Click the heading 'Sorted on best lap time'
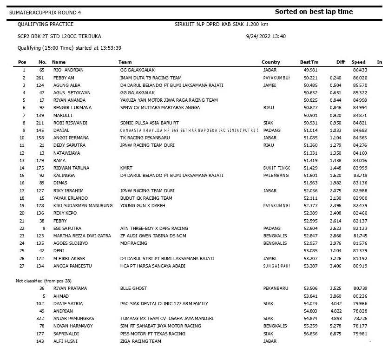pyautogui.click(x=314, y=12)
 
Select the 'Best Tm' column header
pyautogui.click(x=309, y=62)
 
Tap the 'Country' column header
pyautogui.click(x=271, y=62)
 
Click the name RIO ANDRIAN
pyautogui.click(x=68, y=70)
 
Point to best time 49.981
pyautogui.click(x=310, y=70)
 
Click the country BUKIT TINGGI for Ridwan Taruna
pyautogui.click(x=277, y=168)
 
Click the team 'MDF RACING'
pyautogui.click(x=133, y=243)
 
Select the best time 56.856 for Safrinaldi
pyautogui.click(x=310, y=334)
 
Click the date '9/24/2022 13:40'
pyautogui.click(x=266, y=36)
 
